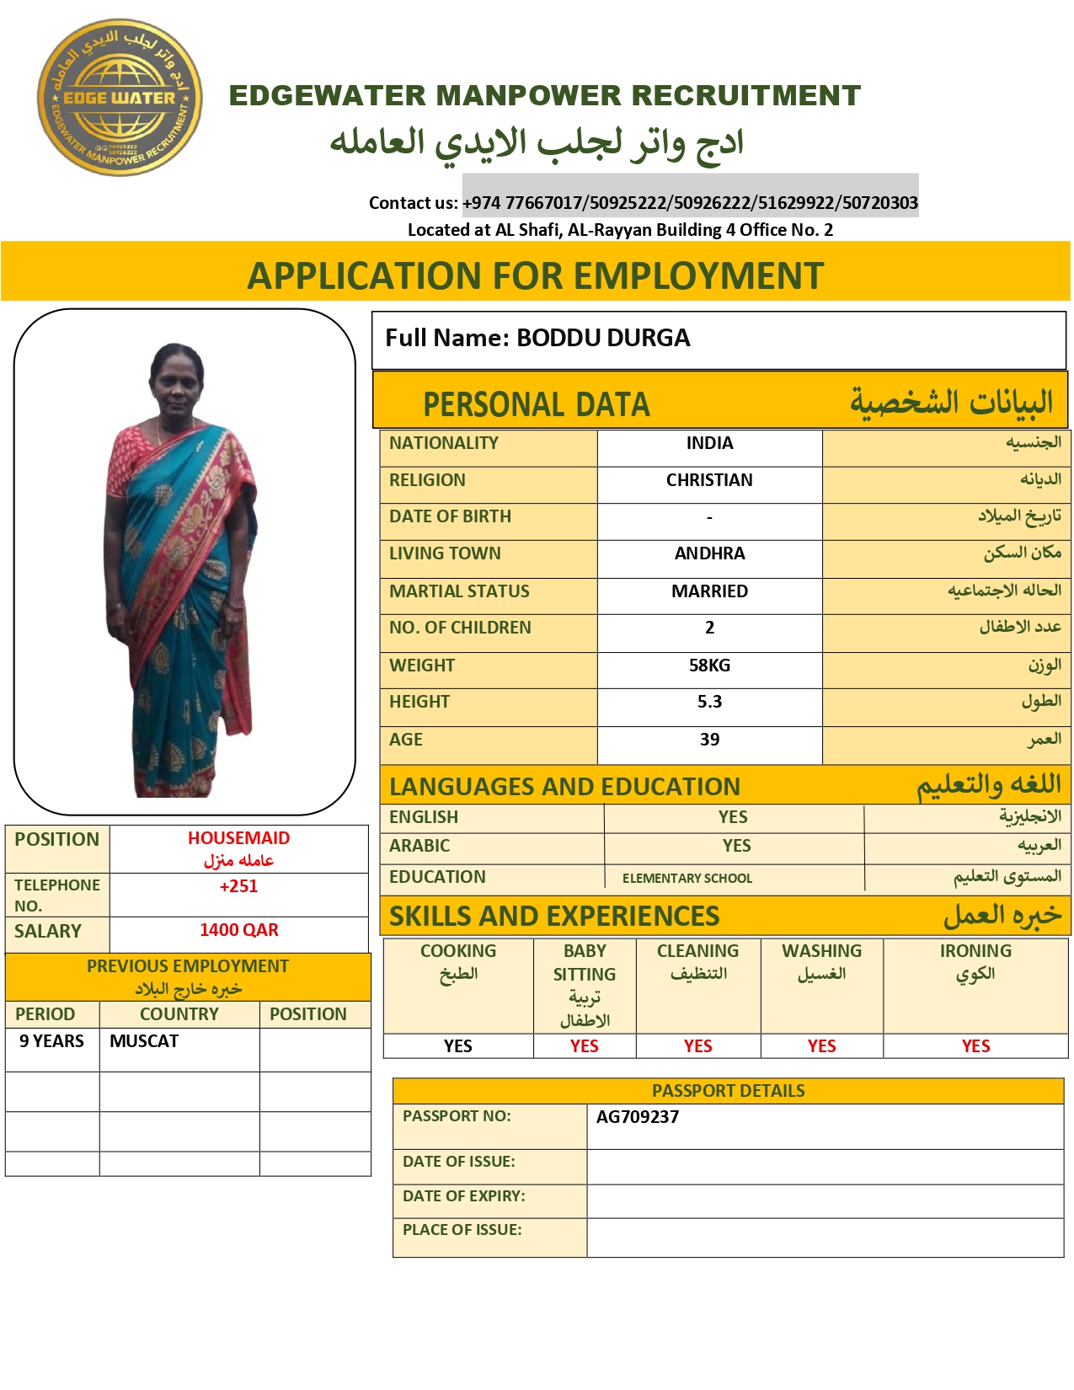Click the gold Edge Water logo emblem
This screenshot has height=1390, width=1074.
[x=119, y=98]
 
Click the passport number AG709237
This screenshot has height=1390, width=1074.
[x=637, y=1117]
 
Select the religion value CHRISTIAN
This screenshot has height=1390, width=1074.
[x=709, y=480]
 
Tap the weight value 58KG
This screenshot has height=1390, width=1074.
[x=709, y=666]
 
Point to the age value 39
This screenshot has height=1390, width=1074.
[x=709, y=740]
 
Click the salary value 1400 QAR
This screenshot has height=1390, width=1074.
[x=238, y=930]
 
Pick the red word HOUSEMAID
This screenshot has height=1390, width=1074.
[x=238, y=838]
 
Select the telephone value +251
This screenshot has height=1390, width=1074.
[x=238, y=886]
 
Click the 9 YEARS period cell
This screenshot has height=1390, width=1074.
[x=51, y=1041]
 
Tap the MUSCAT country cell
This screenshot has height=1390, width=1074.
[x=144, y=1041]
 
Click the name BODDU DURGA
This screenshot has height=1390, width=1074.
[x=603, y=338]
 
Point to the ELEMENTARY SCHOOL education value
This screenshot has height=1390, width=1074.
[x=687, y=878]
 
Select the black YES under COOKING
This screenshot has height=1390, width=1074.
[x=457, y=1046]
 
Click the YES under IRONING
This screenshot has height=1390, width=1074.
[x=975, y=1046]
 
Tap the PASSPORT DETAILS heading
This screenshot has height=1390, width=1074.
[x=728, y=1091]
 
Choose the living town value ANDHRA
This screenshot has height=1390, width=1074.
[x=709, y=553]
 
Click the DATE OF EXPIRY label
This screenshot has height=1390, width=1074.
[x=463, y=1196]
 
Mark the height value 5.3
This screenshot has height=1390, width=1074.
[x=709, y=702]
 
